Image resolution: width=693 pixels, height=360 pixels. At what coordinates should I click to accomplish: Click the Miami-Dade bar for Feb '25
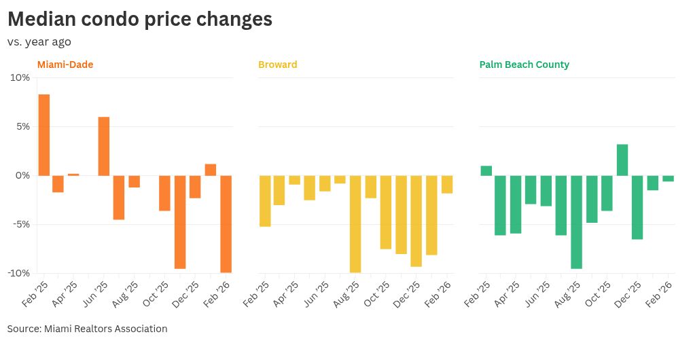point(43,134)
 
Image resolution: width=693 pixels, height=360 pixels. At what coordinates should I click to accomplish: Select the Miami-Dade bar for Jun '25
point(104,146)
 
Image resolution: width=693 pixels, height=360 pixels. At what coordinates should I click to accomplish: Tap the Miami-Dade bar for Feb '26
point(226,223)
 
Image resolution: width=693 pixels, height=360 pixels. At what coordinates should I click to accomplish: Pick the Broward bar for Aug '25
point(355,223)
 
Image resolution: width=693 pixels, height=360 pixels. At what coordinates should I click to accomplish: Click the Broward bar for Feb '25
point(265,200)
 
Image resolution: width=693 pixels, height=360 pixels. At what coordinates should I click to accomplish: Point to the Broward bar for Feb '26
point(446,184)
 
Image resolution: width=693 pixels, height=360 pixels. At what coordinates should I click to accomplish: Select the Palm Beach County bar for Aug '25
point(576,221)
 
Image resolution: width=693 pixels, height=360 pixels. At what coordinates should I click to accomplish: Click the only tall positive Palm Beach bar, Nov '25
point(622,160)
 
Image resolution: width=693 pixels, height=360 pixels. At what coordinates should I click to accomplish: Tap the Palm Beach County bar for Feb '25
point(486,170)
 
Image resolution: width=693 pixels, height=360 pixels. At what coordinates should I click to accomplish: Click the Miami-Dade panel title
point(65,65)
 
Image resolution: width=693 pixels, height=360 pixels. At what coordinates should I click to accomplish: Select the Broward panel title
point(277,65)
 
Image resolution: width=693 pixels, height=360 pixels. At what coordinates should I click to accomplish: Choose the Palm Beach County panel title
point(524,65)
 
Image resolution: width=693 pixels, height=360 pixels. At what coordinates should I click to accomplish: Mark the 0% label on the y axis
point(22,175)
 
